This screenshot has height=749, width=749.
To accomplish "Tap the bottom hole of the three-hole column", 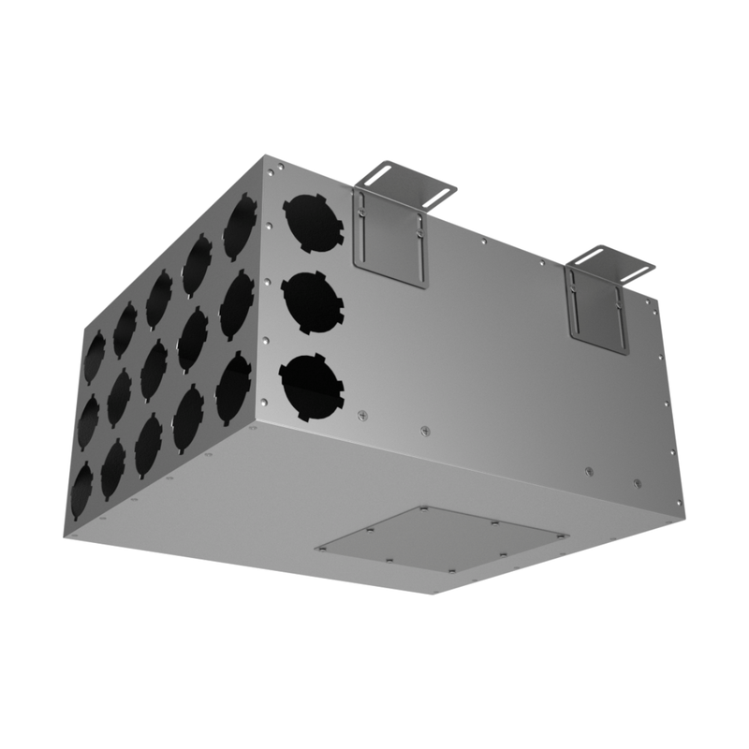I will pos(312,387).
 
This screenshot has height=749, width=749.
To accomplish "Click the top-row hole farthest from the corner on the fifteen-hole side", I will pos(95,357).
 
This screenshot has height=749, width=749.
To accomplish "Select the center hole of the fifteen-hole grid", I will pos(154,371).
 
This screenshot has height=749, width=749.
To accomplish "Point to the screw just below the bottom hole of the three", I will pos(362,415).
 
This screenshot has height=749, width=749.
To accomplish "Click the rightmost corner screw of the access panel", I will pos(564,536).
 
